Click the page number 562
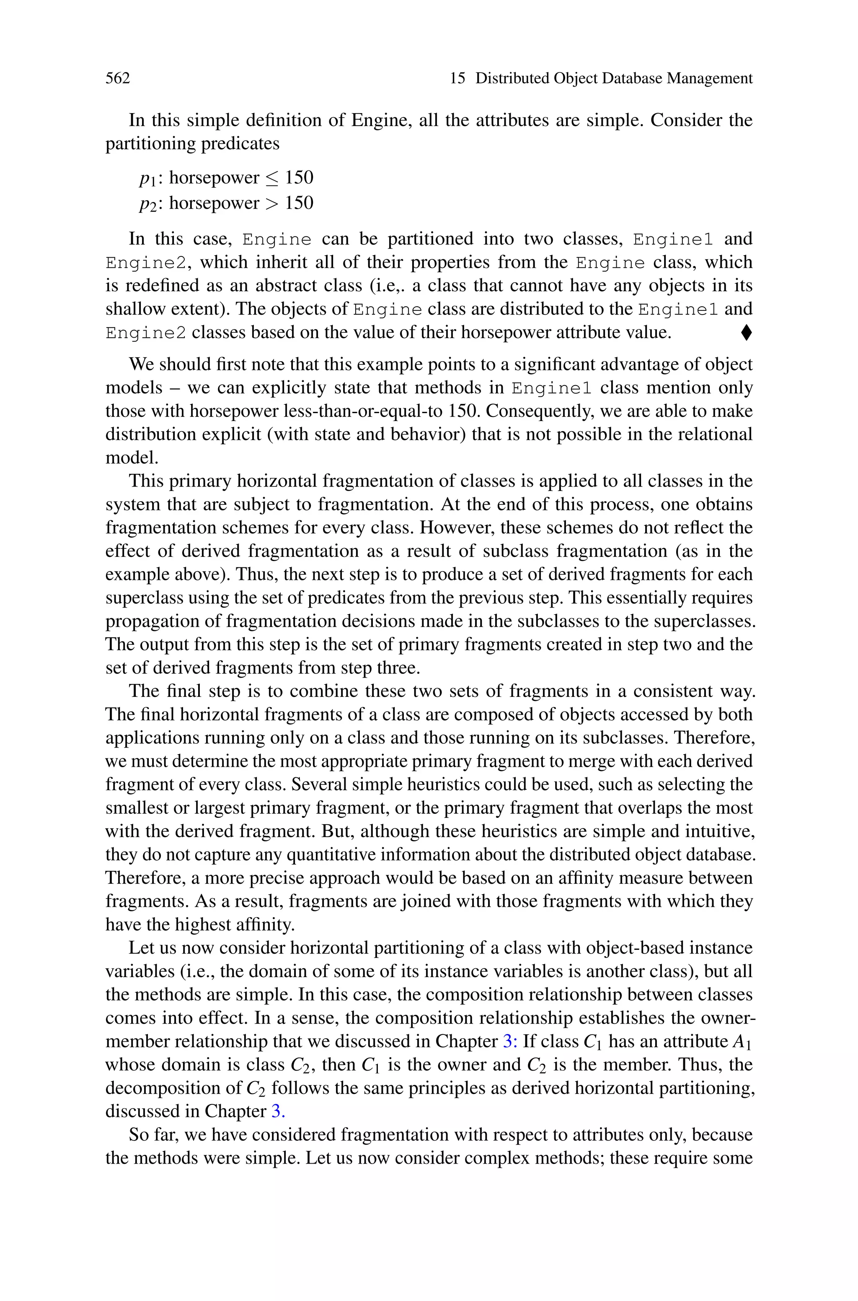[x=118, y=78]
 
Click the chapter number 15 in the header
[x=457, y=78]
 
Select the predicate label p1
[x=147, y=178]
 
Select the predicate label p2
[x=147, y=204]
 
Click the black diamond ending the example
[x=747, y=333]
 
